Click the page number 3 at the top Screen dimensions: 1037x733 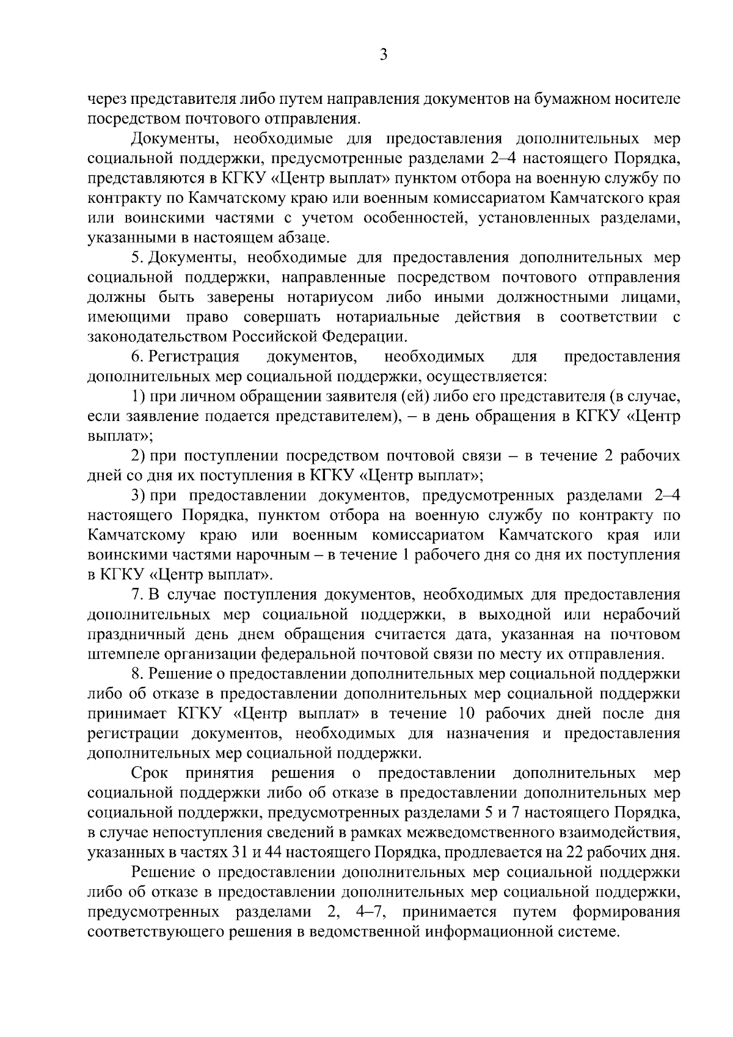[x=383, y=55]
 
